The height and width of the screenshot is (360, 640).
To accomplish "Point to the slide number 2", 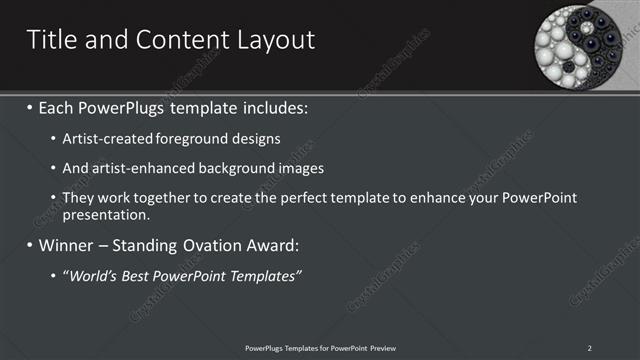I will point(590,347).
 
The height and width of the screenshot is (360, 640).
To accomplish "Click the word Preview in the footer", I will point(379,347).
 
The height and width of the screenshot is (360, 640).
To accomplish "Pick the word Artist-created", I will point(105,137).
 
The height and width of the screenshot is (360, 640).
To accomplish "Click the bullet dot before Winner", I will point(29,245).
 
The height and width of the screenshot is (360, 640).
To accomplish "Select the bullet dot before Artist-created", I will point(53,137).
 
